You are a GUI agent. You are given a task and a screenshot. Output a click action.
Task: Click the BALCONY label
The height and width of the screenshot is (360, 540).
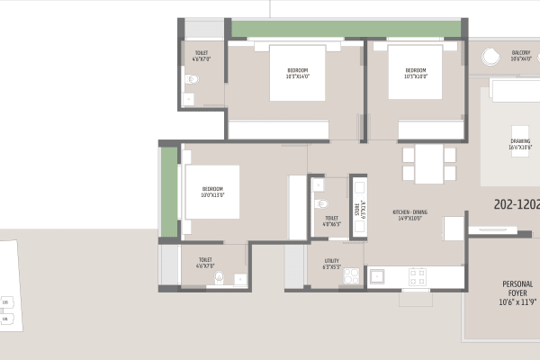(521, 56)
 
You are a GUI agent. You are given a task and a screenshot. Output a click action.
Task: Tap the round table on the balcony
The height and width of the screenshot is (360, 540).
(490, 56)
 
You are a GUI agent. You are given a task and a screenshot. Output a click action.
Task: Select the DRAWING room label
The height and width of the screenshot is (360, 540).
(521, 144)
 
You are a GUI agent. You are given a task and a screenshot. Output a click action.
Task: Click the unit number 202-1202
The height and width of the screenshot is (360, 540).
(517, 204)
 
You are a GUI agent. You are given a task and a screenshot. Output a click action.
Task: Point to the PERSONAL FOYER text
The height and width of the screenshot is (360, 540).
(517, 292)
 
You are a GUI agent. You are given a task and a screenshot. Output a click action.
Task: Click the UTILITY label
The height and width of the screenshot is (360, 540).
(331, 266)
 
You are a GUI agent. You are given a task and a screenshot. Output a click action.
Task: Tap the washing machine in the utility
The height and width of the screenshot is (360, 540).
(351, 274)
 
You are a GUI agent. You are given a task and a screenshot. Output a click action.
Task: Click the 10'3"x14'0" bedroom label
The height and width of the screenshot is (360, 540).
(298, 73)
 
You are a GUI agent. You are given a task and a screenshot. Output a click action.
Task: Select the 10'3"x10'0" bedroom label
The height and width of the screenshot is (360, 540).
(415, 73)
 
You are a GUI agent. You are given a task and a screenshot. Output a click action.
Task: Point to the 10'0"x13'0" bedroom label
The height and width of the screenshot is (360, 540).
(212, 192)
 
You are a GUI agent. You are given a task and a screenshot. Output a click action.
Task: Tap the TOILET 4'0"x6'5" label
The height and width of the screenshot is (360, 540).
(331, 220)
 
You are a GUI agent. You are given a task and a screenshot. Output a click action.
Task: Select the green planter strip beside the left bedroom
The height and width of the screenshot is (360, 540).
(168, 191)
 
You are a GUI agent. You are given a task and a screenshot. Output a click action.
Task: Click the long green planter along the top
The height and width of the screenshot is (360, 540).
(345, 28)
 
